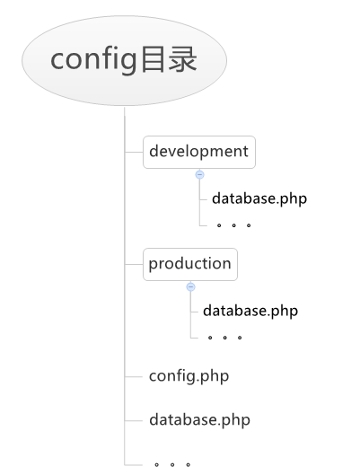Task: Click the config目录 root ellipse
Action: (124, 60)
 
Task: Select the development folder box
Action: (199, 152)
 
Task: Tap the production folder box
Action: (190, 265)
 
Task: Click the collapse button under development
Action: (199, 174)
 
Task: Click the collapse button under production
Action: (190, 286)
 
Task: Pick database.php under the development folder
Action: (259, 199)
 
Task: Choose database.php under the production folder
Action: (250, 312)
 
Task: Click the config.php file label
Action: (189, 376)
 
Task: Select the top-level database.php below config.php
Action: (200, 420)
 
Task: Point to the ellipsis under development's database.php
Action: (233, 225)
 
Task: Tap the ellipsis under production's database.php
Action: (225, 338)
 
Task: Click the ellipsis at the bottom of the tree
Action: (172, 465)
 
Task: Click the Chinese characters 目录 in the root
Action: (170, 59)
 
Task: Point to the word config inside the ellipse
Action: (94, 60)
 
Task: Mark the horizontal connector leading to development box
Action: (134, 152)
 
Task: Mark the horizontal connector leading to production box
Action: (134, 265)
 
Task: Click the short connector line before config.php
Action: (133, 377)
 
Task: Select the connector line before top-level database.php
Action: (133, 420)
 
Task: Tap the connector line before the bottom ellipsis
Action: (133, 465)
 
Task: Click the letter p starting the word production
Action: (154, 266)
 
